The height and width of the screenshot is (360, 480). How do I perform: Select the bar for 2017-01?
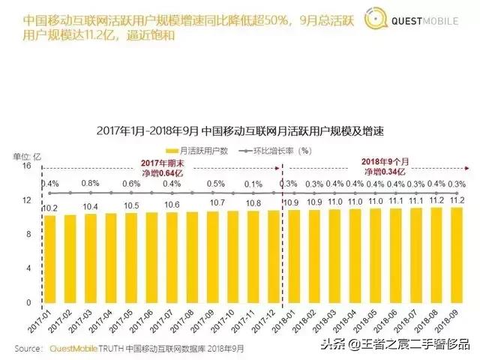(x=50, y=259)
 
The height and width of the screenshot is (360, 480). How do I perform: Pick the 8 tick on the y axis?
(x=28, y=235)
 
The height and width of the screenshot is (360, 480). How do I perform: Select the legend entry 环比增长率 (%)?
(x=274, y=150)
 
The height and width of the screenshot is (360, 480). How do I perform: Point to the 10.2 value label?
(x=49, y=208)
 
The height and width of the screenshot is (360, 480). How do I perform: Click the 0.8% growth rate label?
(x=91, y=184)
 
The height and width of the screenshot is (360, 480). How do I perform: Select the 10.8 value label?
(x=253, y=203)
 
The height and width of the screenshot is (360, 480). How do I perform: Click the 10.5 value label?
(x=131, y=205)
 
